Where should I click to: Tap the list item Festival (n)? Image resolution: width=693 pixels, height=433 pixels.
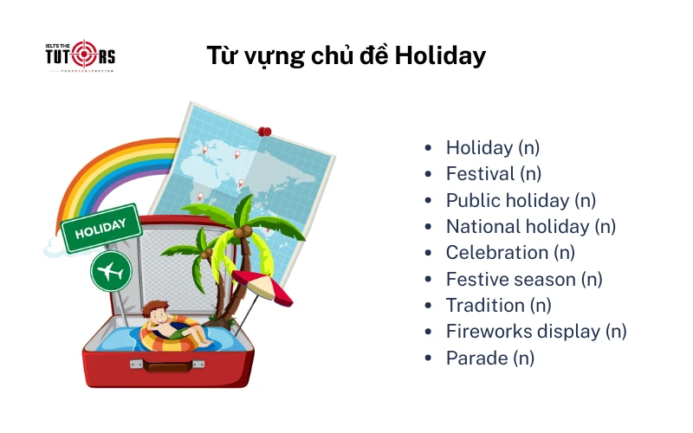point(493,174)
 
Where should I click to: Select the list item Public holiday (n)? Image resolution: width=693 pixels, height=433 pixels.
point(521,200)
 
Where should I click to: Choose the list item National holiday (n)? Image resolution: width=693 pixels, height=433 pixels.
point(530,227)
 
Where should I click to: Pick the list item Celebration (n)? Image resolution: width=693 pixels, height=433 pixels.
point(510,253)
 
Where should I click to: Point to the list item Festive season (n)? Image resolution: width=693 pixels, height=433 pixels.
point(523,279)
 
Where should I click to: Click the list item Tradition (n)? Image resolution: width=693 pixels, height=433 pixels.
point(498,305)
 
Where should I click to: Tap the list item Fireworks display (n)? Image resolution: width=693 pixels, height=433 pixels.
point(535,332)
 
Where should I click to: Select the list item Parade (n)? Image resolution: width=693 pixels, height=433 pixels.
point(489,358)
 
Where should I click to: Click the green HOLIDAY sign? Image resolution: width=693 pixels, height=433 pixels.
point(101,229)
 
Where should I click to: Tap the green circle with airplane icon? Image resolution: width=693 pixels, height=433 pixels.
point(111,271)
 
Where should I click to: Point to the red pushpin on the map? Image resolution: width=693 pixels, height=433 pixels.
point(264,132)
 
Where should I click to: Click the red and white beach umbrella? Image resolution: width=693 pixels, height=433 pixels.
point(263,287)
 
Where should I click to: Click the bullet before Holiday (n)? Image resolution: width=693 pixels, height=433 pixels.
point(428,148)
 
